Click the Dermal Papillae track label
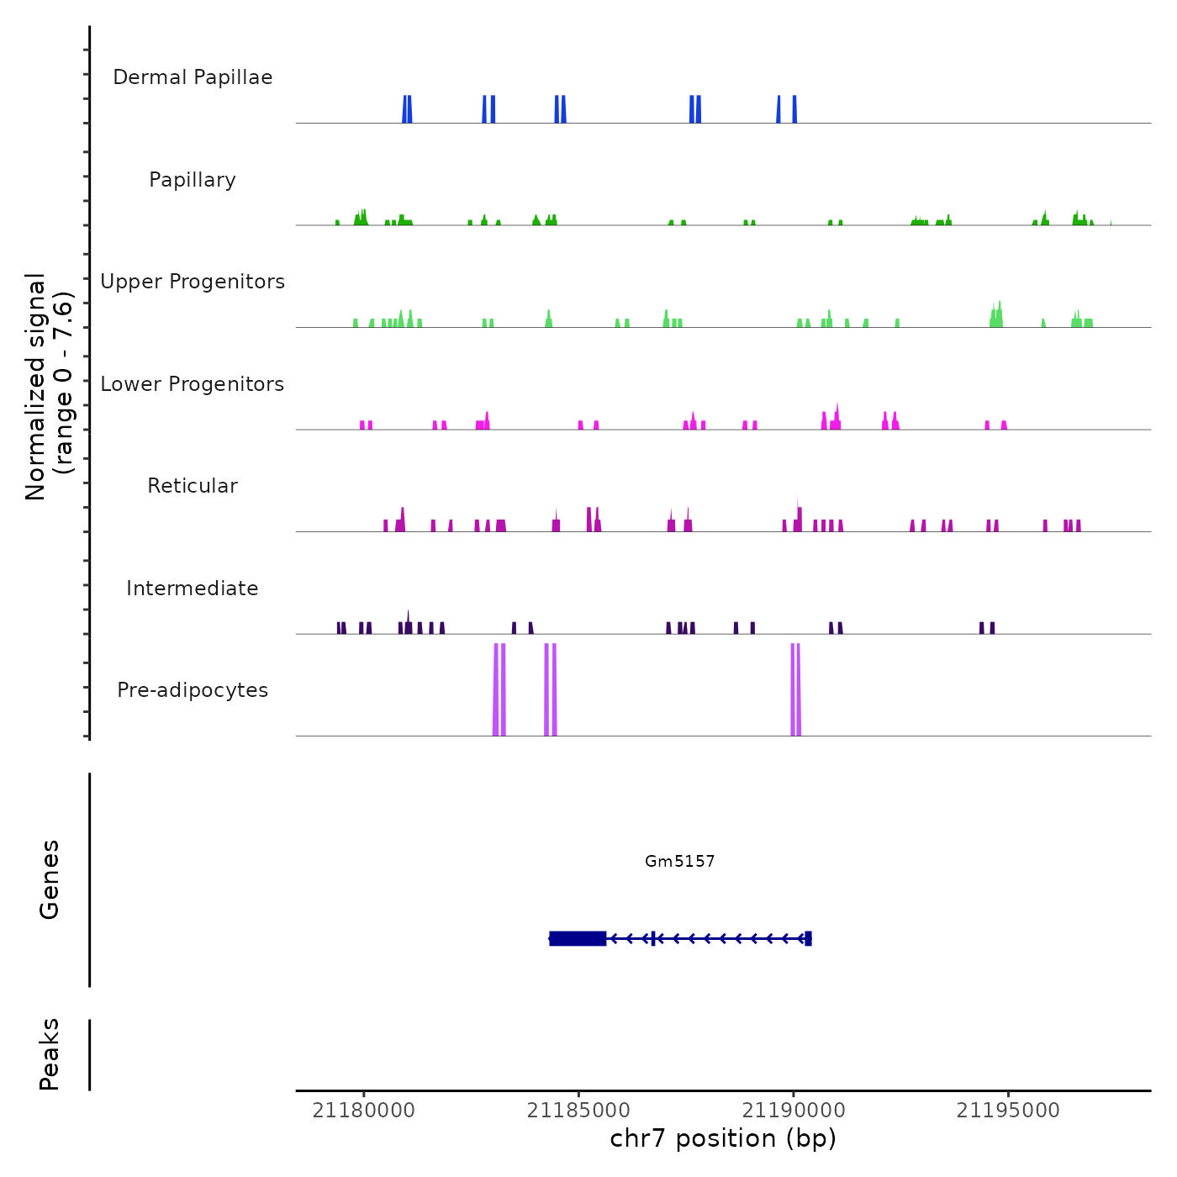193,77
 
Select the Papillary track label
193,180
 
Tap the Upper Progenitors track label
193,282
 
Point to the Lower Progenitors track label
193,384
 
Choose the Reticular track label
193,486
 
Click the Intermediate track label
193,588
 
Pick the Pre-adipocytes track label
193,690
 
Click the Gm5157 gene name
679,861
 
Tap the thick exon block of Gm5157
578,938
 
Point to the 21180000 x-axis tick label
363,1111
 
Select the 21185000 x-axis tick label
578,1111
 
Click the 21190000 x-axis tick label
794,1111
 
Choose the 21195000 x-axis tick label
1008,1111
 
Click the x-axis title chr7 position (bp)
723,1138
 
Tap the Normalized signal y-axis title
49,387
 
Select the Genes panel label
50,879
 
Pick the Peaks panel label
50,1054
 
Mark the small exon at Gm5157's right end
808,938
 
